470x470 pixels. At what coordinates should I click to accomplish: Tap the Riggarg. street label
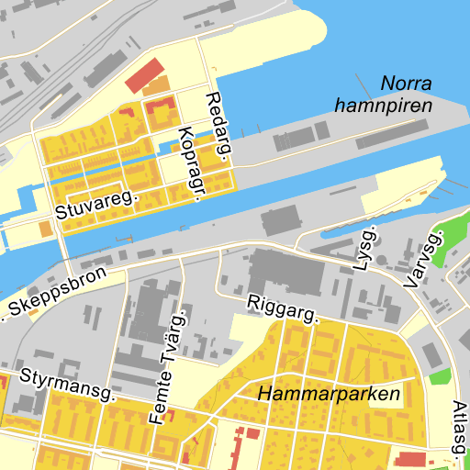[x=282, y=308]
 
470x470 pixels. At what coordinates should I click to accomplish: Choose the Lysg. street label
[x=368, y=245]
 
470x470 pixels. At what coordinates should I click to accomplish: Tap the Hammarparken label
[x=330, y=395]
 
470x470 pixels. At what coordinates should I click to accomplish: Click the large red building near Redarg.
[x=144, y=75]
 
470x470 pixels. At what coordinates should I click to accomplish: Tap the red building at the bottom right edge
[x=412, y=458]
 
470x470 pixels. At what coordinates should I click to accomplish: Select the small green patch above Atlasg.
[x=441, y=376]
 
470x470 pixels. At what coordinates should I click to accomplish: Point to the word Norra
[x=405, y=84]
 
